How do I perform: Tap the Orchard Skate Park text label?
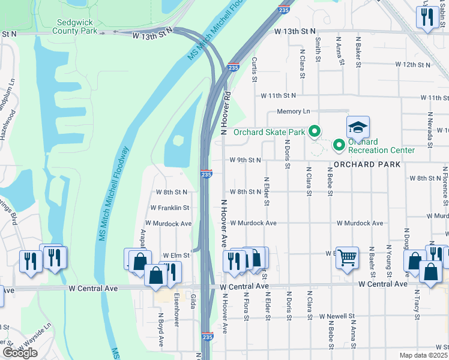coord(269,132)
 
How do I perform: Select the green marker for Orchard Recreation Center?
coord(338,144)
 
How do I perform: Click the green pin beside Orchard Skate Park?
coord(313,131)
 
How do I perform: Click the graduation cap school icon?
coord(357,127)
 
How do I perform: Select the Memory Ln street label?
coord(294,112)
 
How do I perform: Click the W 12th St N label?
coord(414,64)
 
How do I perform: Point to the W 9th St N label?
coord(245,160)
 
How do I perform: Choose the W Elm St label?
coord(175,255)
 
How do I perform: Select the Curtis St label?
coord(255,70)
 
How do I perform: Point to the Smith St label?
coord(318,49)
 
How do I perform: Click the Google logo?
coord(20,353)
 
